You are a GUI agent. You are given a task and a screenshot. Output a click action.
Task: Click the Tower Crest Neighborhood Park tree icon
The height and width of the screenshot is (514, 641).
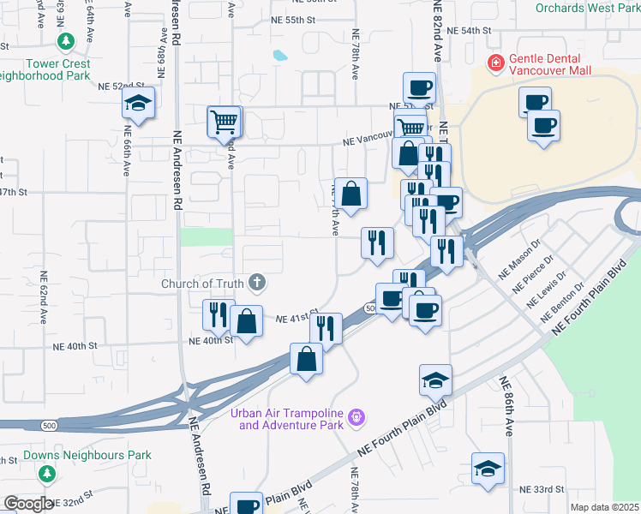pos(65,41)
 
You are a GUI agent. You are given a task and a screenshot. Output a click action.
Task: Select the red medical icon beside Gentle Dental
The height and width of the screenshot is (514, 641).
pos(494,62)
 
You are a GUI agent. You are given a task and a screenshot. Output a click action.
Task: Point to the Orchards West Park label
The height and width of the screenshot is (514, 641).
pos(588,8)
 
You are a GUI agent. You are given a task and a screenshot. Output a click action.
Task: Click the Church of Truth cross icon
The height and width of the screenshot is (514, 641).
pos(256,281)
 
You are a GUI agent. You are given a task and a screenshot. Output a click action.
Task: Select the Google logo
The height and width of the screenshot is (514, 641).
pos(28,504)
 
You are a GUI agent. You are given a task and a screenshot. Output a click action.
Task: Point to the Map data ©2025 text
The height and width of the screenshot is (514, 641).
pos(605,507)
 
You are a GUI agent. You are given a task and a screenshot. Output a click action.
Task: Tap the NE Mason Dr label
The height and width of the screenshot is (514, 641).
pos(512,259)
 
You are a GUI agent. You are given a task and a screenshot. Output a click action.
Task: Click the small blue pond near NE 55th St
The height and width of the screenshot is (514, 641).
pos(280,57)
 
